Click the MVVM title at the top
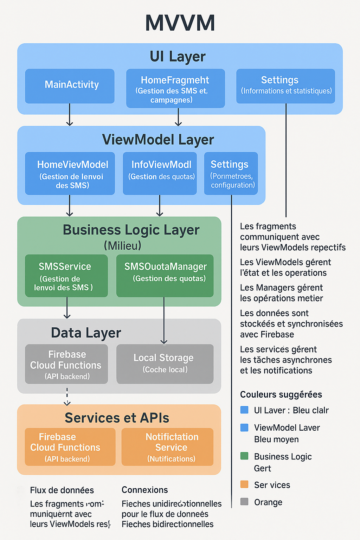pos(180,23)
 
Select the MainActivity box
pos(70,86)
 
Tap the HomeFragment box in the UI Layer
pos(175,88)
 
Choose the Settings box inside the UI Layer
pos(285,86)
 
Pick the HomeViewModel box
pos(70,173)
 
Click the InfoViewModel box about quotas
pos(160,173)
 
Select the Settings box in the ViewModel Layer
pos(231,173)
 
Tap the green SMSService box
pos(66,276)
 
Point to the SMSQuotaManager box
pos(165,276)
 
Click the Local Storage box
pos(165,364)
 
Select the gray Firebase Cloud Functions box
pos(66,364)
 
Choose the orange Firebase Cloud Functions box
pos(70,447)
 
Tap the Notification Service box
pos(168,447)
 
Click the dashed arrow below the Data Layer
pos(67,397)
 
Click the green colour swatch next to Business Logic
pos(244,456)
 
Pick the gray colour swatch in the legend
pos(244,502)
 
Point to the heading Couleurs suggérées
pos(281,394)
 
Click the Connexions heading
pos(144,490)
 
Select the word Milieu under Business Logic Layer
pos(122,246)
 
